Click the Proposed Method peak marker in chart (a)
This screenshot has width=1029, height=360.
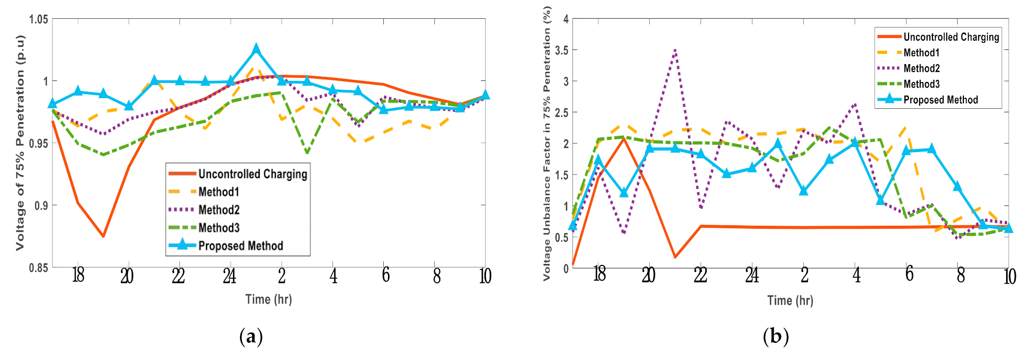coord(256,49)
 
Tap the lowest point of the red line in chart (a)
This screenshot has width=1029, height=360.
coord(103,236)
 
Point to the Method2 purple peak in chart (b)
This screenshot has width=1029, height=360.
coord(675,49)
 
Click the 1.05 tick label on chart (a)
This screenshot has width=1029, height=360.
coord(39,19)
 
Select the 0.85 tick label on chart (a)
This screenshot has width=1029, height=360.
coord(39,268)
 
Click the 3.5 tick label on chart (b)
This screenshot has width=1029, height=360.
coord(562,50)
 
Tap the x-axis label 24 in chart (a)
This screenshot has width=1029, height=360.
coord(229,276)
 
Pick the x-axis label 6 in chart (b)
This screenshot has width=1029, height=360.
coord(910,274)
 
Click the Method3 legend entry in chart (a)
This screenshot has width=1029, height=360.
coord(219,228)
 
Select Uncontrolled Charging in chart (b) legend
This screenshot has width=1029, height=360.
coord(951,37)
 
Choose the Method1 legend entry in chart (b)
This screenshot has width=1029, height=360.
coord(921,53)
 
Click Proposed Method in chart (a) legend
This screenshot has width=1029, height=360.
coord(240,246)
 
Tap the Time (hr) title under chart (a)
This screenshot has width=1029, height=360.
coord(268,299)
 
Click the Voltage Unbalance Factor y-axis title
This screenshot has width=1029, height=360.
coord(547,143)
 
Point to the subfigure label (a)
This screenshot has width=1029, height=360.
coord(251,337)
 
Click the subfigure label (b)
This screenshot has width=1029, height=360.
coord(775,337)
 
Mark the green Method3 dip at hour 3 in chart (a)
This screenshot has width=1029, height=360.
coord(307,153)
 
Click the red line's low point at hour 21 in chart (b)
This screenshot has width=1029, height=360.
coord(675,257)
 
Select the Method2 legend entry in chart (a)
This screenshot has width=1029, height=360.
coord(219,210)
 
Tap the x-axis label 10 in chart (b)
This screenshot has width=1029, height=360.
coord(1009,277)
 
